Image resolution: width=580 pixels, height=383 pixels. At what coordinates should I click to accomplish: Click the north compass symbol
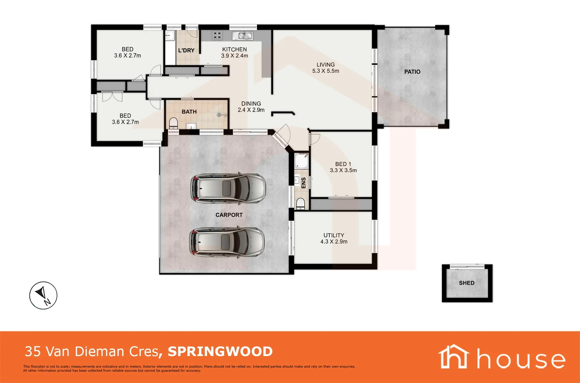[43, 295]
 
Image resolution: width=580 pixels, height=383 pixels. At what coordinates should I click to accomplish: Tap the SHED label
[466, 283]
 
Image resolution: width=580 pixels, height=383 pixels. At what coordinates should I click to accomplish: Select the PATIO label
[412, 72]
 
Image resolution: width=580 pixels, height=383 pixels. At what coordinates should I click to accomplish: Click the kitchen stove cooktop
[217, 35]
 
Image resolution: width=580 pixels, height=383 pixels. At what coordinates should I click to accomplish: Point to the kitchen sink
[242, 36]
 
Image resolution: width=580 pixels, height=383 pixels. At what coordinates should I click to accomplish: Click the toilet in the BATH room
[173, 123]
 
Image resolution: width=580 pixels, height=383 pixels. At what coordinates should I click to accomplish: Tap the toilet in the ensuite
[300, 204]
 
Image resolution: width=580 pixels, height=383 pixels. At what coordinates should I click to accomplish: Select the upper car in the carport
[228, 188]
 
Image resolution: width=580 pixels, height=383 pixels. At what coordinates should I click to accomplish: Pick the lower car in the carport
[227, 242]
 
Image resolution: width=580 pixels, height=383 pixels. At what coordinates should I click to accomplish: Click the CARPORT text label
[229, 215]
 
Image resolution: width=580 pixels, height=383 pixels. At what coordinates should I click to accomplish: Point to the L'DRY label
[186, 50]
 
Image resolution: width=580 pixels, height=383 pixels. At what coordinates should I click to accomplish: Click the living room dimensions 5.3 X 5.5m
[325, 71]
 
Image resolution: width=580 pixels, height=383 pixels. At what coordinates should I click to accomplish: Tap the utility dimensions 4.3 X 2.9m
[334, 242]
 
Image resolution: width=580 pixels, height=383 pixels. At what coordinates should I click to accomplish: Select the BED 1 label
[343, 164]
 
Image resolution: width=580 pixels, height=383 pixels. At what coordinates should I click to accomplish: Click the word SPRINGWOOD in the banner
[220, 351]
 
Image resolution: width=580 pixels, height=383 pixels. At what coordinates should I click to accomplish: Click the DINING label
[251, 104]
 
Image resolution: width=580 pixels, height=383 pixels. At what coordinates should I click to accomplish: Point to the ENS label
[303, 183]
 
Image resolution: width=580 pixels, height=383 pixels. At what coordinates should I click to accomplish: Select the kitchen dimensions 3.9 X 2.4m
[234, 55]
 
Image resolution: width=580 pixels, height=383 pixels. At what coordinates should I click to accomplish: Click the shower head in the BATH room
[220, 115]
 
